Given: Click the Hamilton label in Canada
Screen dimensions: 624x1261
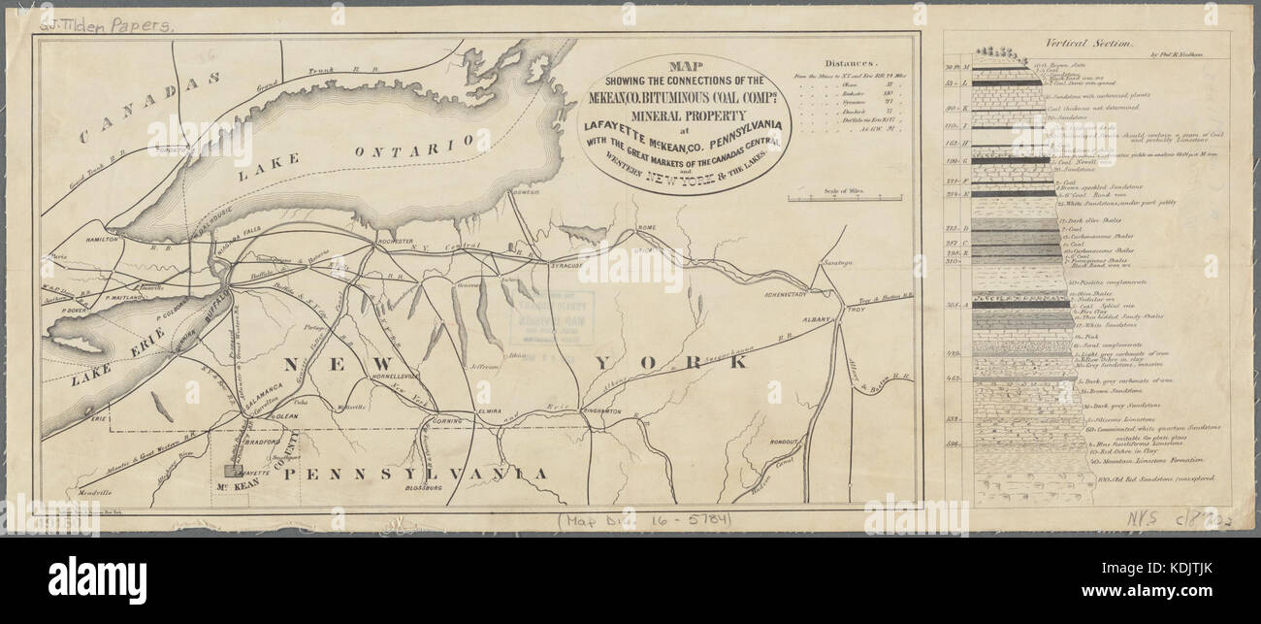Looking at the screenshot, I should (x=102, y=238).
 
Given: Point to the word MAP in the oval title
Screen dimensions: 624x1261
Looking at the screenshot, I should (x=685, y=67).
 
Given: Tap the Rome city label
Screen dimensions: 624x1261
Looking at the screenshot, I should (x=646, y=229).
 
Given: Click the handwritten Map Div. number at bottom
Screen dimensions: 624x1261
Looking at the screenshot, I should (x=645, y=522).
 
